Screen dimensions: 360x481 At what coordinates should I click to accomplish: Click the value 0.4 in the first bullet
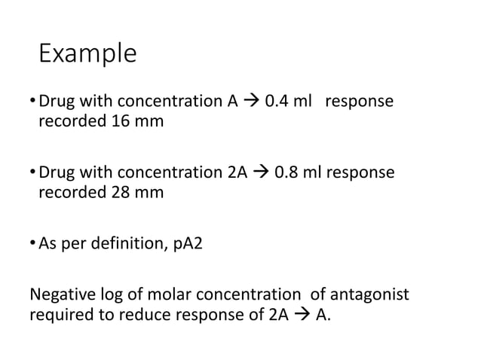tap(277, 101)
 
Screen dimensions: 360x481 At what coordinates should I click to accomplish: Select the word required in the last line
tap(60, 314)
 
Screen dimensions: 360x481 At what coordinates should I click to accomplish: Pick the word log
tap(109, 294)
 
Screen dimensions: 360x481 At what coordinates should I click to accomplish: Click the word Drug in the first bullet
tap(55, 101)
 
